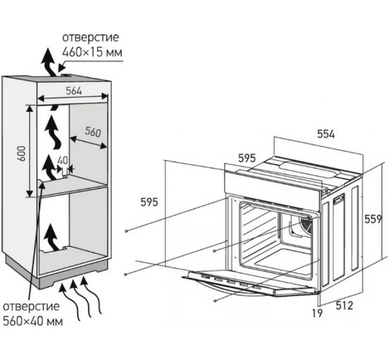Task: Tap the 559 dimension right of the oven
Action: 375,219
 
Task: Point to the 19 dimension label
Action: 317,313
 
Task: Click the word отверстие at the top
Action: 92,38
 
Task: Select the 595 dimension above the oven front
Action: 248,158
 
